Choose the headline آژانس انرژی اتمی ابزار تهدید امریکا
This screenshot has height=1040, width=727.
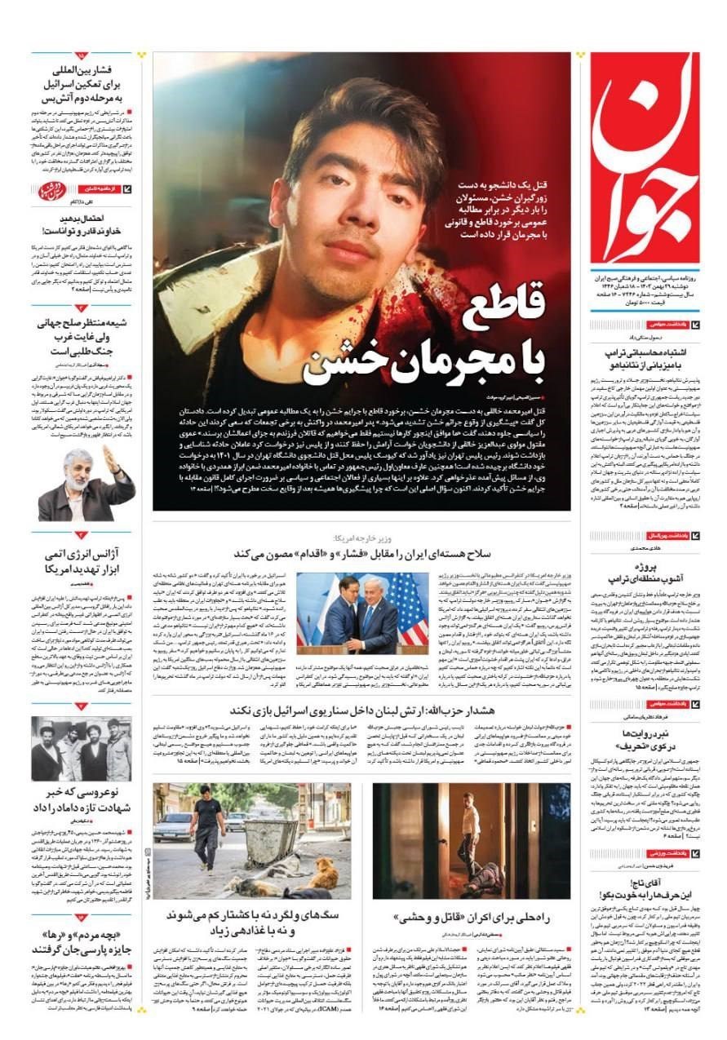82,562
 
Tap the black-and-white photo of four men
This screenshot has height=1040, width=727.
81,749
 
